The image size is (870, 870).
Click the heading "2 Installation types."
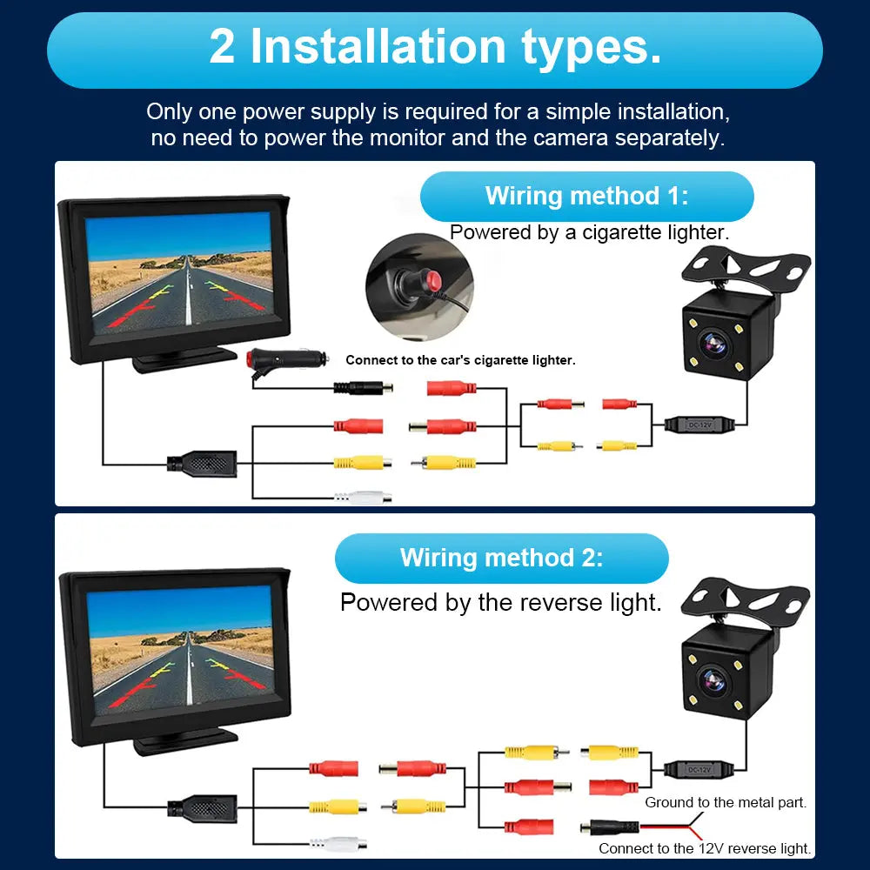click(x=435, y=48)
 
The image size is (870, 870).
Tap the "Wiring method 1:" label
click(x=586, y=196)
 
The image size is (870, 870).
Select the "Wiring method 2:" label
click(x=501, y=558)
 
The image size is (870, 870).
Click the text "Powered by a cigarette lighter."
click(x=589, y=232)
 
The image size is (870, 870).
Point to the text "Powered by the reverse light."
click(x=500, y=602)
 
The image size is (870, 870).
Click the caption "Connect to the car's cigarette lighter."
click(x=460, y=359)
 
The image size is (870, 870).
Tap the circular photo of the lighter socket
click(x=418, y=286)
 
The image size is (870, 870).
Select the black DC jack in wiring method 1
click(x=363, y=388)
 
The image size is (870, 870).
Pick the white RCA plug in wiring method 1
click(x=363, y=497)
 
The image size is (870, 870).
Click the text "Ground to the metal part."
click(x=725, y=802)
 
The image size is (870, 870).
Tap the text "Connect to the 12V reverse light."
click(x=705, y=848)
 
